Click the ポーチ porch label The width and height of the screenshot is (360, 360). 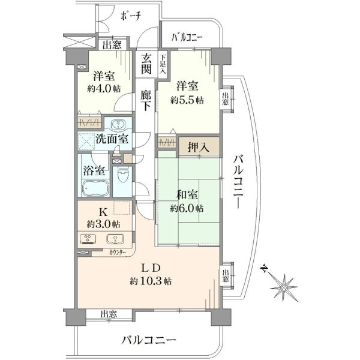pos(131,16)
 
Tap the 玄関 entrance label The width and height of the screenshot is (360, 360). pos(146,63)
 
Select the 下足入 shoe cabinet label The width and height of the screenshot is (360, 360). pos(163,64)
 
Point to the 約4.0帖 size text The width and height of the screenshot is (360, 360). pos(104,89)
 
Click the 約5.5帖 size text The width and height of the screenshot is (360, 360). pos(187,100)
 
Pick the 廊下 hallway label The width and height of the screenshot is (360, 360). pos(146,101)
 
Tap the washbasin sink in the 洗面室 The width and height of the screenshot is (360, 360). pos(118,125)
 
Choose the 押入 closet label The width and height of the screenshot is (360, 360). pos(199,147)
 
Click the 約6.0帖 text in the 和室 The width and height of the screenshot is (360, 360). pos(187,208)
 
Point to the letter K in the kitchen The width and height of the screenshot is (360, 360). pos(103,213)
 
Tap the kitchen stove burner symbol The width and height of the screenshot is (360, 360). pos(88,239)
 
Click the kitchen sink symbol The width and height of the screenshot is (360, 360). pos(115,239)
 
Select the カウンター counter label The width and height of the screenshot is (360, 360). pos(118,253)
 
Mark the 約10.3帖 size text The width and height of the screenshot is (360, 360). pos(151,281)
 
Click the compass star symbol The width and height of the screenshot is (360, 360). pos(284,287)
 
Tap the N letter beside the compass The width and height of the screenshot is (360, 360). pos(265,268)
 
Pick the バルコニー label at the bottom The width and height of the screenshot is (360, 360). pos(149,340)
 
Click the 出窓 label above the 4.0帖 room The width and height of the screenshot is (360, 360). pos(112,45)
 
